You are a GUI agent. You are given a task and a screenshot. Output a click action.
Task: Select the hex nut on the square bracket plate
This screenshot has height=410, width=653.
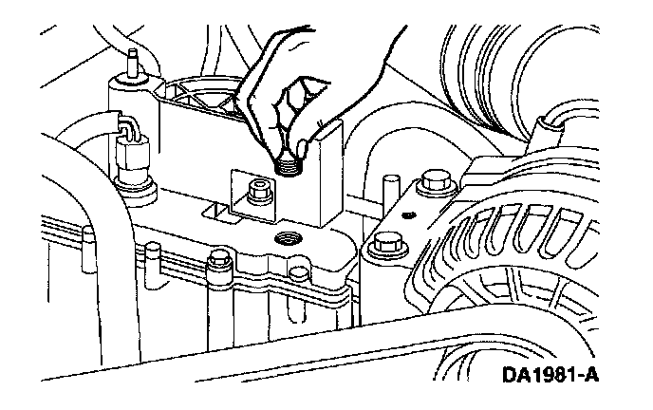click(254, 190)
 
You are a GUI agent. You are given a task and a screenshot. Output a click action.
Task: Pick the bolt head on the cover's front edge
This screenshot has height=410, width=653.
click(219, 257)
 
